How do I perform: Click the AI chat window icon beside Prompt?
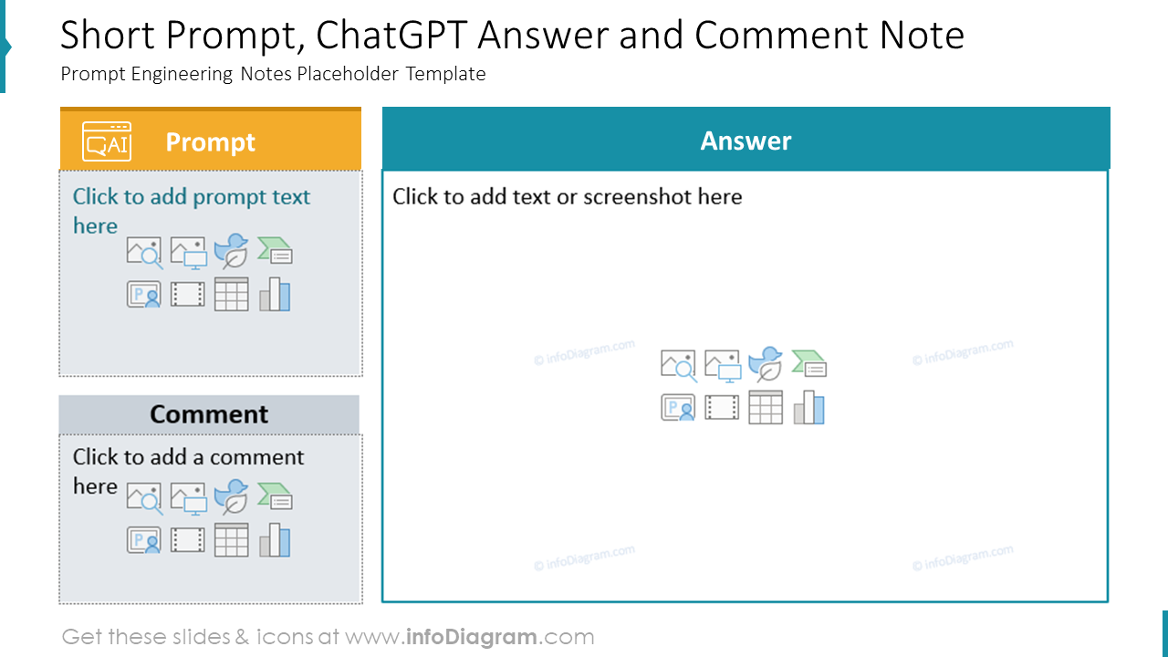pos(107,141)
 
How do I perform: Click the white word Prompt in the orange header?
pos(210,142)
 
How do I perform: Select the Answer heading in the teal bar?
pos(746,141)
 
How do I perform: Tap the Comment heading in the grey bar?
pos(209,414)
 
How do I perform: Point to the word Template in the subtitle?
pos(445,74)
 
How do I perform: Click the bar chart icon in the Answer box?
pos(809,407)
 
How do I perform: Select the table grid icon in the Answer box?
pos(766,407)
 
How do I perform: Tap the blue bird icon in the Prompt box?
pos(231,251)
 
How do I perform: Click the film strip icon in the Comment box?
pos(188,540)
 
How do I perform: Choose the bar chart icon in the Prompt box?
pos(275,295)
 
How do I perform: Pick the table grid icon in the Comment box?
pos(232,540)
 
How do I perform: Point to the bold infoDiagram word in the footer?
pos(472,637)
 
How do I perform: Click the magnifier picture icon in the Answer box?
pos(678,365)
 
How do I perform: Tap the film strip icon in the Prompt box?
pos(188,295)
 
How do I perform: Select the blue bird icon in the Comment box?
pos(231,496)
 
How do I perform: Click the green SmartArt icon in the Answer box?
pos(809,364)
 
